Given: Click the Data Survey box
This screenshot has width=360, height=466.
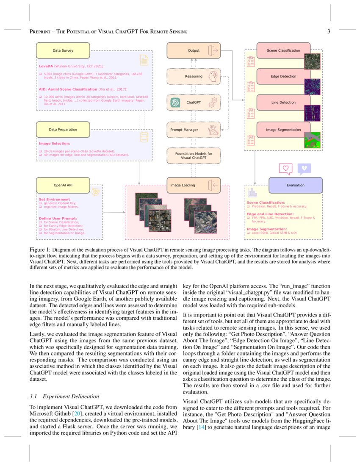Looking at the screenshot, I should pyautogui.click(x=63, y=50).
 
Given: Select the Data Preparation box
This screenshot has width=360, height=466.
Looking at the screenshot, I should pyautogui.click(x=63, y=129).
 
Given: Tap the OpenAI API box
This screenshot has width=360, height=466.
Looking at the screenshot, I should pyautogui.click(x=63, y=185).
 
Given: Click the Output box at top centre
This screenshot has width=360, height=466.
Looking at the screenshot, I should pyautogui.click(x=194, y=50).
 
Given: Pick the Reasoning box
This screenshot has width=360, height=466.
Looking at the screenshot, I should pyautogui.click(x=194, y=76).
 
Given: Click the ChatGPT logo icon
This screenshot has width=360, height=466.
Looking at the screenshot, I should pyautogui.click(x=175, y=102).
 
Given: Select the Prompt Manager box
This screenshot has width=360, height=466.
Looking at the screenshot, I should pyautogui.click(x=194, y=129).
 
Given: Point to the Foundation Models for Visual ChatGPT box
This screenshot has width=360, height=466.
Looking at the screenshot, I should pyautogui.click(x=194, y=155).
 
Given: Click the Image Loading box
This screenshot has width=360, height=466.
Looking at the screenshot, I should pyautogui.click(x=194, y=185).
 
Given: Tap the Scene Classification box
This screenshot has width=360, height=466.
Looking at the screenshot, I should pyautogui.click(x=283, y=50).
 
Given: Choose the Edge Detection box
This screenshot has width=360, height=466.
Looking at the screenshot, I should pyautogui.click(x=283, y=76).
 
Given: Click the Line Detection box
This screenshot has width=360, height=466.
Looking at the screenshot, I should pyautogui.click(x=283, y=102).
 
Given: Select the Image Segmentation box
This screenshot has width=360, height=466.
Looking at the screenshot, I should pyautogui.click(x=283, y=129).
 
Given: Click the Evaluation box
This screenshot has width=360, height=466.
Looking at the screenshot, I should pyautogui.click(x=295, y=185).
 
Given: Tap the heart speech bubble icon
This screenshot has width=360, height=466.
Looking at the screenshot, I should pyautogui.click(x=286, y=168).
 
